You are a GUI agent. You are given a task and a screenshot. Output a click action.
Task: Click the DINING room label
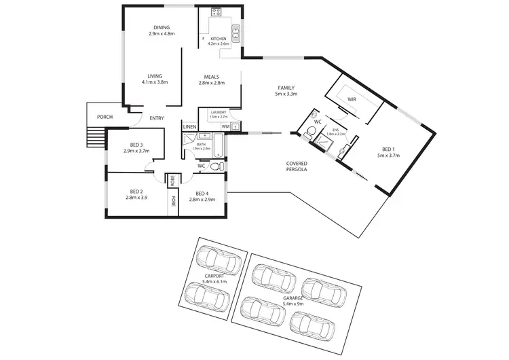point(161,27)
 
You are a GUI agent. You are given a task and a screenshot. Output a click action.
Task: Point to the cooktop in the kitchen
point(217,12)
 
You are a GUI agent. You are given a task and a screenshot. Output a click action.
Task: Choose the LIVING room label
point(155,76)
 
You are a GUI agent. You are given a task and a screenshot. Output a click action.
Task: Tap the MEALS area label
point(211,77)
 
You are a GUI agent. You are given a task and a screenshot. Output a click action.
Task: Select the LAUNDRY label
point(218,112)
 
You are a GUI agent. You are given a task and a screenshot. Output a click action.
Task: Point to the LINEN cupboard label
point(189,127)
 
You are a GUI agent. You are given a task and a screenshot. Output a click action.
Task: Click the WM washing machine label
point(225,126)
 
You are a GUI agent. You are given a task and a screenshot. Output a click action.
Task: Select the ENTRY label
point(156,119)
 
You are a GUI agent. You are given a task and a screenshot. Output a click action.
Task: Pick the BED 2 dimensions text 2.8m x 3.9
point(136,198)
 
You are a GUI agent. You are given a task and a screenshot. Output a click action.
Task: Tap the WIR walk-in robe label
point(352,99)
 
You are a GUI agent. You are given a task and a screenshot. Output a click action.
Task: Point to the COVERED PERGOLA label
point(298,166)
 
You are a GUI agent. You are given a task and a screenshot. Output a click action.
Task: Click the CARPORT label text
point(214,276)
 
